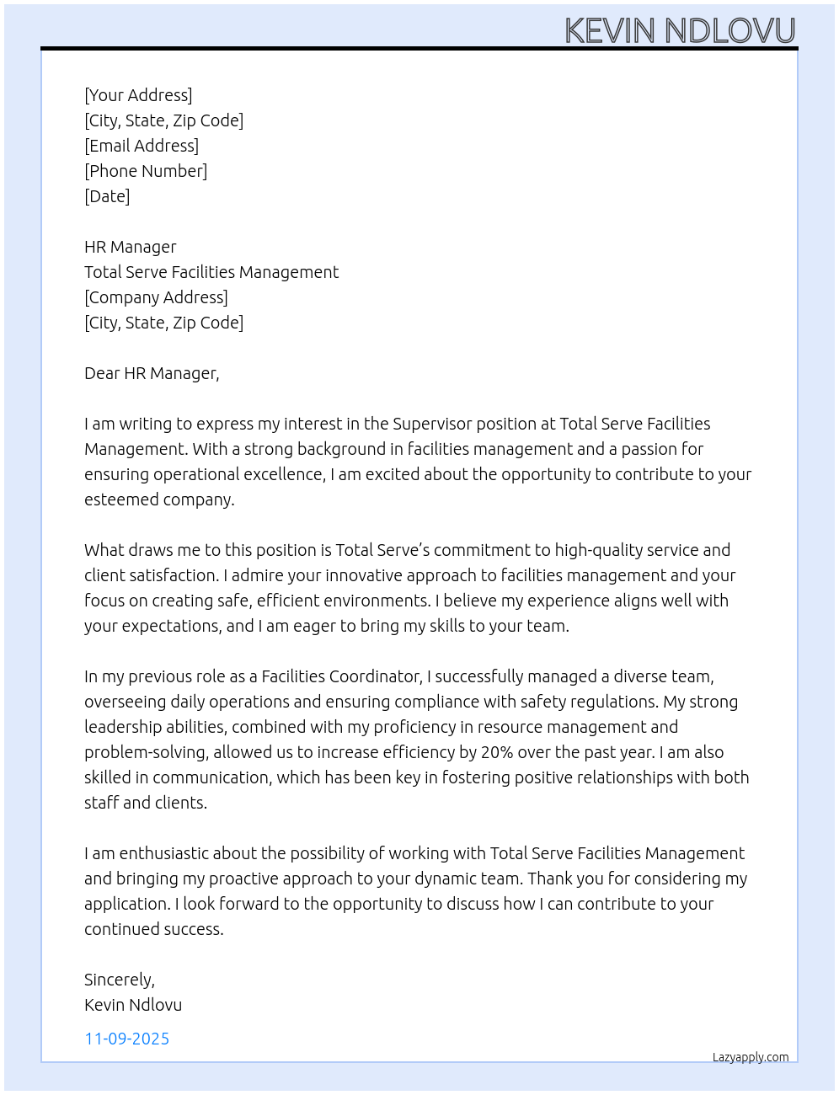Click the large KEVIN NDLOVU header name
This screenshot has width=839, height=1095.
(x=680, y=30)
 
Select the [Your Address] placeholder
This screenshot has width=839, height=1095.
(x=138, y=95)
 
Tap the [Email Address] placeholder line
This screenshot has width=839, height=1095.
(x=142, y=146)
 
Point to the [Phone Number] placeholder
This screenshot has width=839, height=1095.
(x=146, y=171)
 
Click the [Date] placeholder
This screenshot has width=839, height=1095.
(x=107, y=196)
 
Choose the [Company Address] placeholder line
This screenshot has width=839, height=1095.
(x=156, y=297)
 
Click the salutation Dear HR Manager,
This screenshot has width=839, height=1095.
(x=152, y=373)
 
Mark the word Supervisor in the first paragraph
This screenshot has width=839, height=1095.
(x=434, y=424)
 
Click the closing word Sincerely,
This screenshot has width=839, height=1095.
(x=120, y=980)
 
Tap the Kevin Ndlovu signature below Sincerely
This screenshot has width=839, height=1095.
(x=133, y=1005)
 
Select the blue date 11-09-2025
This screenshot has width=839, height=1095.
(x=127, y=1039)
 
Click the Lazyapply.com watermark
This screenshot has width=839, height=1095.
(x=751, y=1057)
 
